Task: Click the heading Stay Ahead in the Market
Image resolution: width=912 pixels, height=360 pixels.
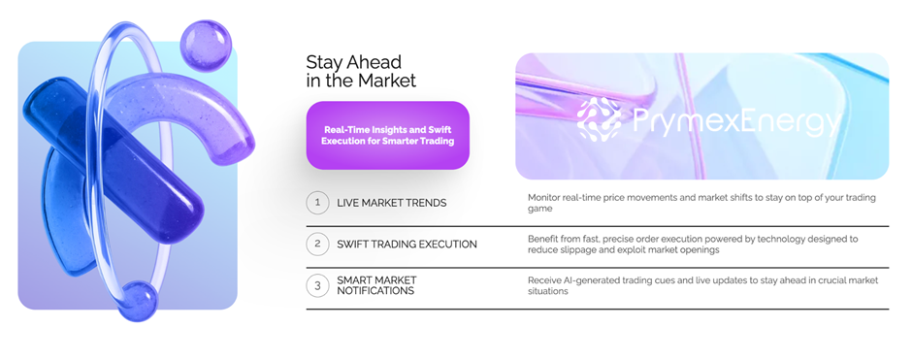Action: (x=361, y=71)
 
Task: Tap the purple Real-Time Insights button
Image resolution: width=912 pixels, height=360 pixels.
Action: (x=388, y=136)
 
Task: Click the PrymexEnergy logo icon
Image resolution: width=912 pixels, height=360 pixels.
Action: (x=600, y=117)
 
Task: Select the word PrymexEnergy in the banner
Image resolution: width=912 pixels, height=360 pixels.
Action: (x=735, y=122)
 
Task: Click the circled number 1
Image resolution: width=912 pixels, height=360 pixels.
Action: (x=317, y=203)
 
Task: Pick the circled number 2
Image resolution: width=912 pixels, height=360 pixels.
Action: (x=317, y=245)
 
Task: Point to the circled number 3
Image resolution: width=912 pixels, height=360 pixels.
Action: (x=317, y=285)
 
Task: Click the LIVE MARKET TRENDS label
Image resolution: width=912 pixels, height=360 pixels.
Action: (x=392, y=203)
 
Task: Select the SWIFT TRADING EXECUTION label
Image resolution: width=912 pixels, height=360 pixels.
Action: (x=407, y=245)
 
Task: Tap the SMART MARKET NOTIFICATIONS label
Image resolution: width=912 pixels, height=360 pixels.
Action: (x=376, y=285)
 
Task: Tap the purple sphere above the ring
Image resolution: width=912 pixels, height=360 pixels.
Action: (x=206, y=45)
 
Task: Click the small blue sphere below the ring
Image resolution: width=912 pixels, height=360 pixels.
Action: (x=138, y=301)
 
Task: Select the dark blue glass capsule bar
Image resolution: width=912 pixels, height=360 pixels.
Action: (x=114, y=159)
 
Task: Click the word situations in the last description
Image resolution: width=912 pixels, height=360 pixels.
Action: (x=548, y=291)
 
